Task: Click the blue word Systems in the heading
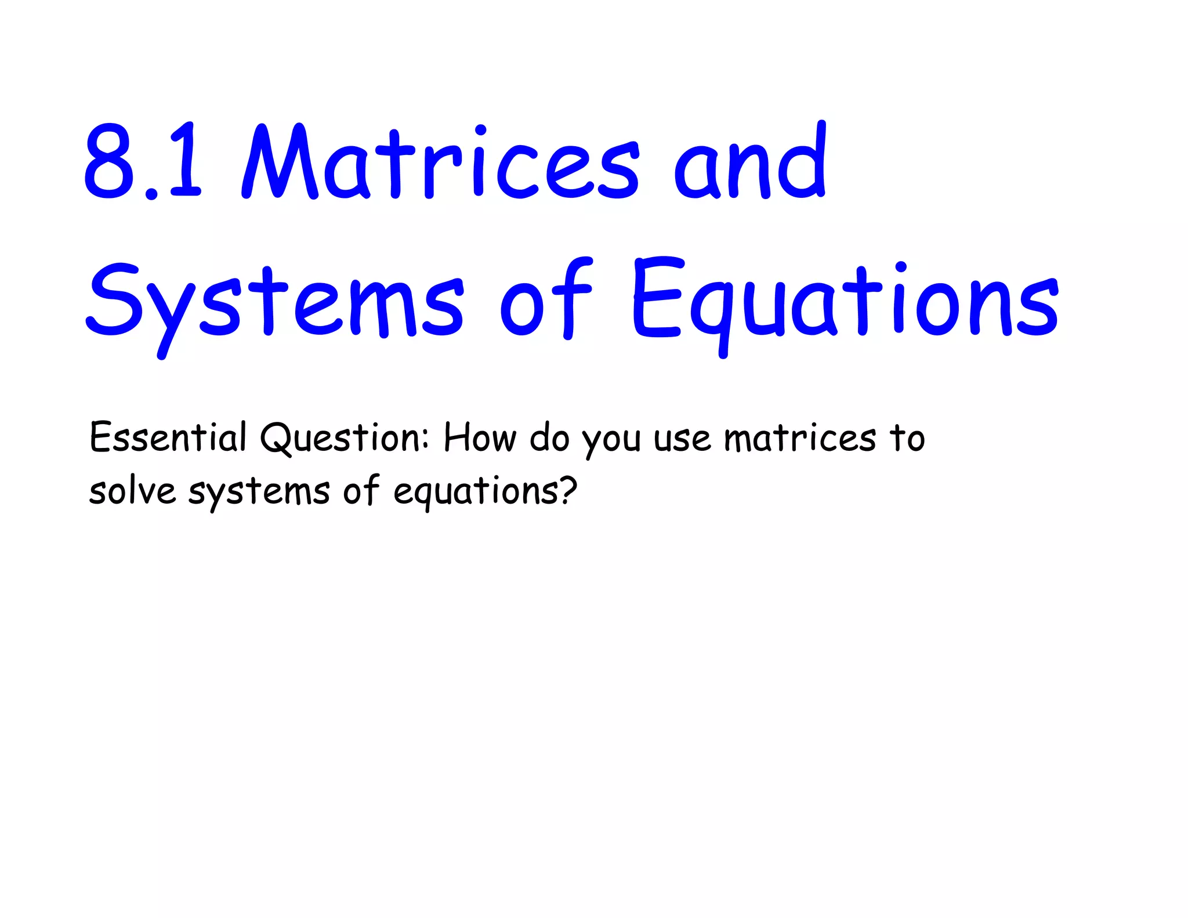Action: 275,302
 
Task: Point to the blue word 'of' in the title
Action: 545,299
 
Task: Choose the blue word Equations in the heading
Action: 845,302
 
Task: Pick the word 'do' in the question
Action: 549,438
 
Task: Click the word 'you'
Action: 612,441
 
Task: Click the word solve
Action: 132,491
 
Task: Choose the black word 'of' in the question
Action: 361,490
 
